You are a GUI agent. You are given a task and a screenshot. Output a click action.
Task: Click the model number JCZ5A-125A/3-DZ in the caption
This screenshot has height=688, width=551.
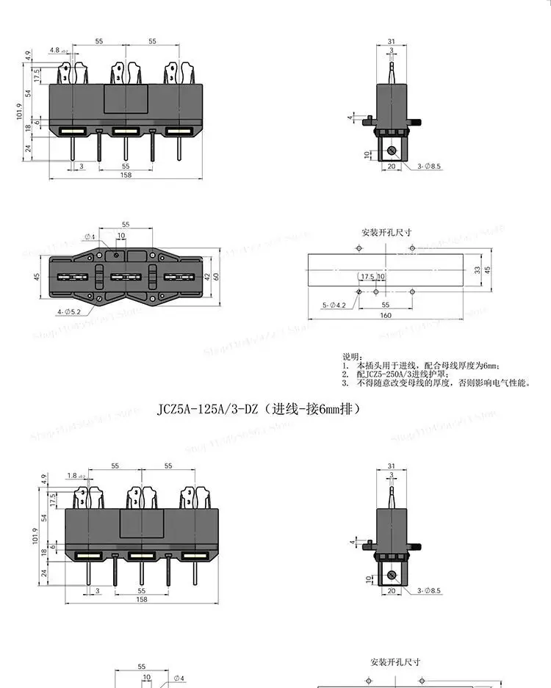point(208,408)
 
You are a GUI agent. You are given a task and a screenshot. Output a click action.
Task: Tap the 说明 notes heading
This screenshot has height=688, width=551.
point(354,355)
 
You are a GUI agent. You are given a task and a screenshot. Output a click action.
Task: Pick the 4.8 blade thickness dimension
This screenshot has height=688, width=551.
point(55,51)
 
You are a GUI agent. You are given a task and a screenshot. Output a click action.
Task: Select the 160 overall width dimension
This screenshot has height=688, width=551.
point(386,316)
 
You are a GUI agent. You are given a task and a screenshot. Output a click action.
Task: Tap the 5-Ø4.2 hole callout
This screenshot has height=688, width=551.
point(334,304)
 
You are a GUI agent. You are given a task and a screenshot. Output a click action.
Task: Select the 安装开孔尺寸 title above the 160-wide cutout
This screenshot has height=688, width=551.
point(386,233)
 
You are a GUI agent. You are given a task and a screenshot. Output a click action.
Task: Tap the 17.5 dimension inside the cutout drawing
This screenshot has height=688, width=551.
point(367,277)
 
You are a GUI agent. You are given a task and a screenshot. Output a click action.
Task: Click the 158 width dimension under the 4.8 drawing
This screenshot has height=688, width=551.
point(126,175)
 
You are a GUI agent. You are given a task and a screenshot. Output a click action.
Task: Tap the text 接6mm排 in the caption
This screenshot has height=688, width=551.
point(332,408)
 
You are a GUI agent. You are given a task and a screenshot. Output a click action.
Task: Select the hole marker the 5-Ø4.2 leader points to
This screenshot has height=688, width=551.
point(359,292)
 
